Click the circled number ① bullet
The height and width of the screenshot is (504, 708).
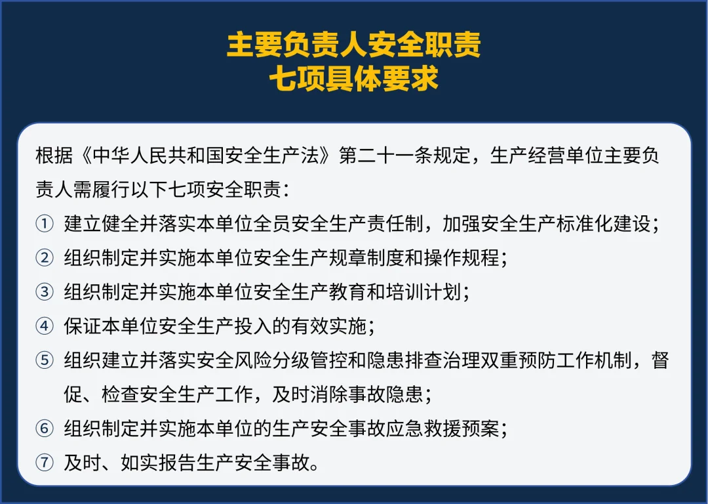(x=45, y=224)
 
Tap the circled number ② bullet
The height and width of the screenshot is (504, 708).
(x=45, y=258)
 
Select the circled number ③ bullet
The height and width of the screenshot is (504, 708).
(x=45, y=292)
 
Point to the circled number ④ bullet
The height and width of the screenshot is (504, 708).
(x=45, y=326)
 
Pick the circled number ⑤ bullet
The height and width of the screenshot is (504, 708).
(x=45, y=361)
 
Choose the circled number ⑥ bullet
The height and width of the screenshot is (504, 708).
(x=45, y=429)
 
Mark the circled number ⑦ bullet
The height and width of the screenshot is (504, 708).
(x=45, y=463)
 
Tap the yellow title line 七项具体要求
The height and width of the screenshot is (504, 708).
(x=354, y=79)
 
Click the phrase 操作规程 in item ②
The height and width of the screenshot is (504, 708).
(x=462, y=258)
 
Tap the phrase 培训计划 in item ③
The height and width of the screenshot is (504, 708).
(x=423, y=292)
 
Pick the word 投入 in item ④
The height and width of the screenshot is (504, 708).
(x=253, y=326)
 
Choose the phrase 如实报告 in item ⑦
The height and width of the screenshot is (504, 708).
(x=159, y=463)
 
